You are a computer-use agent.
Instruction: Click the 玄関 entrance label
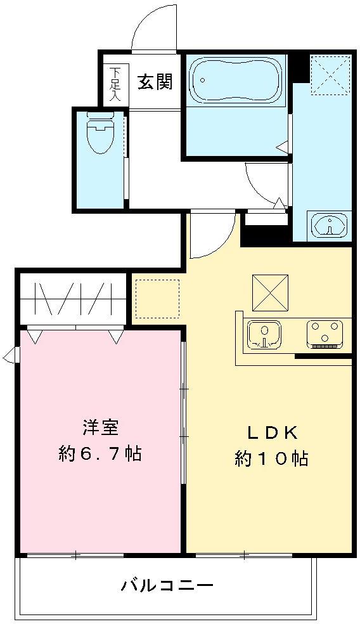[x=155, y=82]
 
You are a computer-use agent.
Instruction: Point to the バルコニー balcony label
[x=167, y=585]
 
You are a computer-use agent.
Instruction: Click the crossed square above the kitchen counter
[x=270, y=292]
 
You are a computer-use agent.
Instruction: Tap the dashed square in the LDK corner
[x=158, y=299]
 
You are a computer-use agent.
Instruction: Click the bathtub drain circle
[x=202, y=81]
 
